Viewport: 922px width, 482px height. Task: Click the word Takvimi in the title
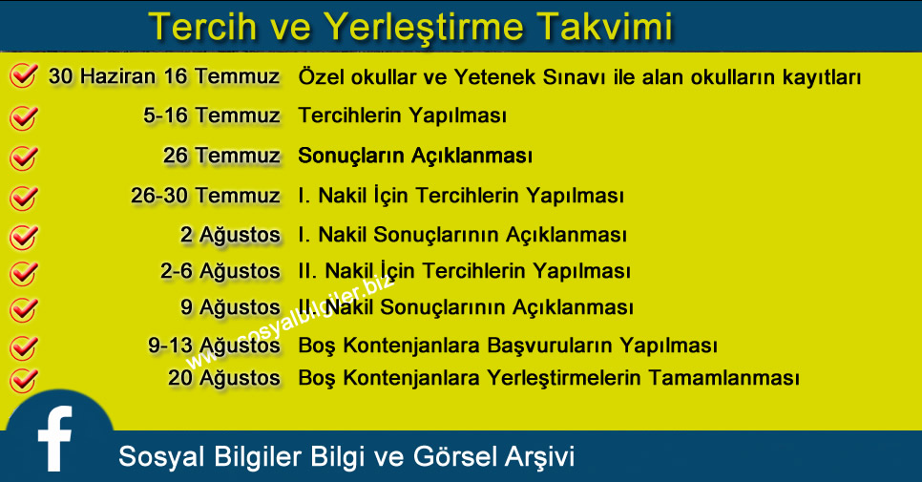click(x=606, y=27)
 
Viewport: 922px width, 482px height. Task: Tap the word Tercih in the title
click(x=202, y=27)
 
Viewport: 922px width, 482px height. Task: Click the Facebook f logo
click(x=54, y=438)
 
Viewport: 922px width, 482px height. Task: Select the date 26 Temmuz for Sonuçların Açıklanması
click(x=221, y=156)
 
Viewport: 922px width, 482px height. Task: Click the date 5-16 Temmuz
click(x=212, y=115)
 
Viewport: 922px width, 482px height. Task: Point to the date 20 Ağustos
click(x=224, y=378)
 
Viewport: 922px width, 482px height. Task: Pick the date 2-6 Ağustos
click(x=220, y=272)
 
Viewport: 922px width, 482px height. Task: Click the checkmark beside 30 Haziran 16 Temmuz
click(x=24, y=75)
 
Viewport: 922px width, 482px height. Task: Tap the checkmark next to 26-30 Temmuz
click(x=24, y=198)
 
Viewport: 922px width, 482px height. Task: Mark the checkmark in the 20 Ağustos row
click(x=24, y=380)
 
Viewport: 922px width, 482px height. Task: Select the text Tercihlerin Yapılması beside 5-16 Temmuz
click(x=402, y=115)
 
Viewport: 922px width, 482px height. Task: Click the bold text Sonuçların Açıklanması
click(x=415, y=156)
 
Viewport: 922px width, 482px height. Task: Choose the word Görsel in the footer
click(x=455, y=457)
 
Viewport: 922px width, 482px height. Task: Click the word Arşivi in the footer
click(x=540, y=457)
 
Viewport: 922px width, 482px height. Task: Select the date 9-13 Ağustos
click(x=214, y=346)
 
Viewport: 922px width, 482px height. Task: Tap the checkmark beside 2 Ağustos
click(x=24, y=237)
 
